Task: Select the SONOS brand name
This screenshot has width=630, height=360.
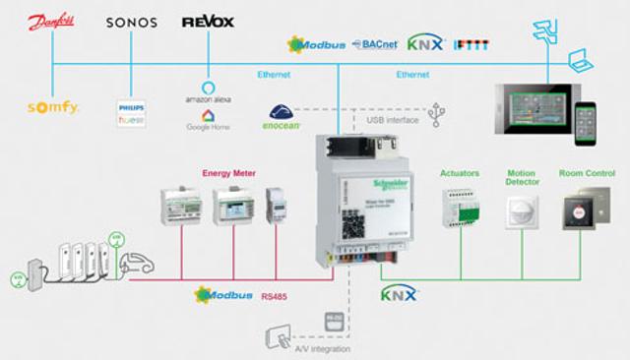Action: point(131,23)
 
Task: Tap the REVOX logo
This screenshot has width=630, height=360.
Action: point(208,22)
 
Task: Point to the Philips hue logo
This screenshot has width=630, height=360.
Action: point(131,110)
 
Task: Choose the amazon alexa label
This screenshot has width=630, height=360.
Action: point(208,98)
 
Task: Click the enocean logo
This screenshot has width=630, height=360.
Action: point(282,118)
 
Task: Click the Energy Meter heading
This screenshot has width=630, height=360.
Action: point(229,173)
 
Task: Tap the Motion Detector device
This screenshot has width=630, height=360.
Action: point(521,211)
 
